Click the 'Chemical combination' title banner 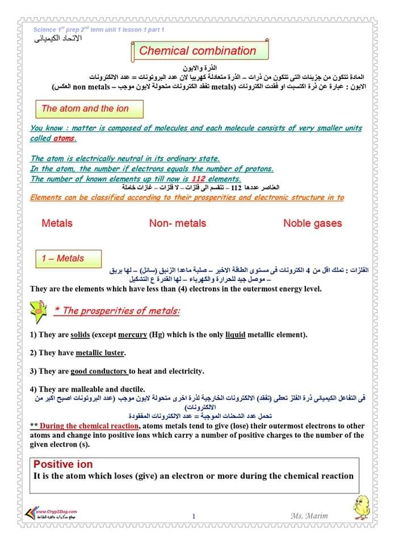pyautogui.click(x=197, y=51)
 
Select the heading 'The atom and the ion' pyautogui.click(x=85, y=108)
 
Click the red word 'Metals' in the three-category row pyautogui.click(x=57, y=223)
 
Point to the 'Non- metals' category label pyautogui.click(x=178, y=223)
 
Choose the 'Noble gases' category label pyautogui.click(x=312, y=223)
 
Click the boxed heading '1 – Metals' pyautogui.click(x=62, y=258)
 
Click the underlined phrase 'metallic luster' pyautogui.click(x=100, y=353)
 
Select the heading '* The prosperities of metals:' pyautogui.click(x=116, y=311)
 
